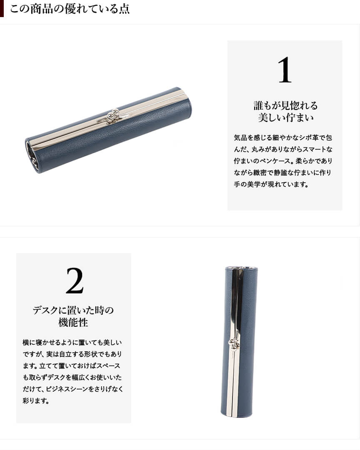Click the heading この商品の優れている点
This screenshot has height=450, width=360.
(70, 9)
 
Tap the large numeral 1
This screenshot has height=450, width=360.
(285, 70)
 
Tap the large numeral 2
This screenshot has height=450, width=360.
(75, 281)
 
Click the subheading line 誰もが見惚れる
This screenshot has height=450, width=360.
(285, 106)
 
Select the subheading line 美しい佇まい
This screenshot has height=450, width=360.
(285, 118)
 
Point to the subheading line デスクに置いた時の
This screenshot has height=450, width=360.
(73, 310)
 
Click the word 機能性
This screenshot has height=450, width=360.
(73, 323)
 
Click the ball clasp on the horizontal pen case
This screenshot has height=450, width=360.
(113, 115)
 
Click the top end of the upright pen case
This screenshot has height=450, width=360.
(241, 268)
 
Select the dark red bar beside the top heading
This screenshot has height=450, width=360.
(2, 8)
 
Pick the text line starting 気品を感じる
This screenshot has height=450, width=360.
(283, 138)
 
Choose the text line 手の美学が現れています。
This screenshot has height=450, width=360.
(271, 184)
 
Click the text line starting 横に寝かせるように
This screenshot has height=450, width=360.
(72, 342)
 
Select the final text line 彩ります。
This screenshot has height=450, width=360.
(36, 401)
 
